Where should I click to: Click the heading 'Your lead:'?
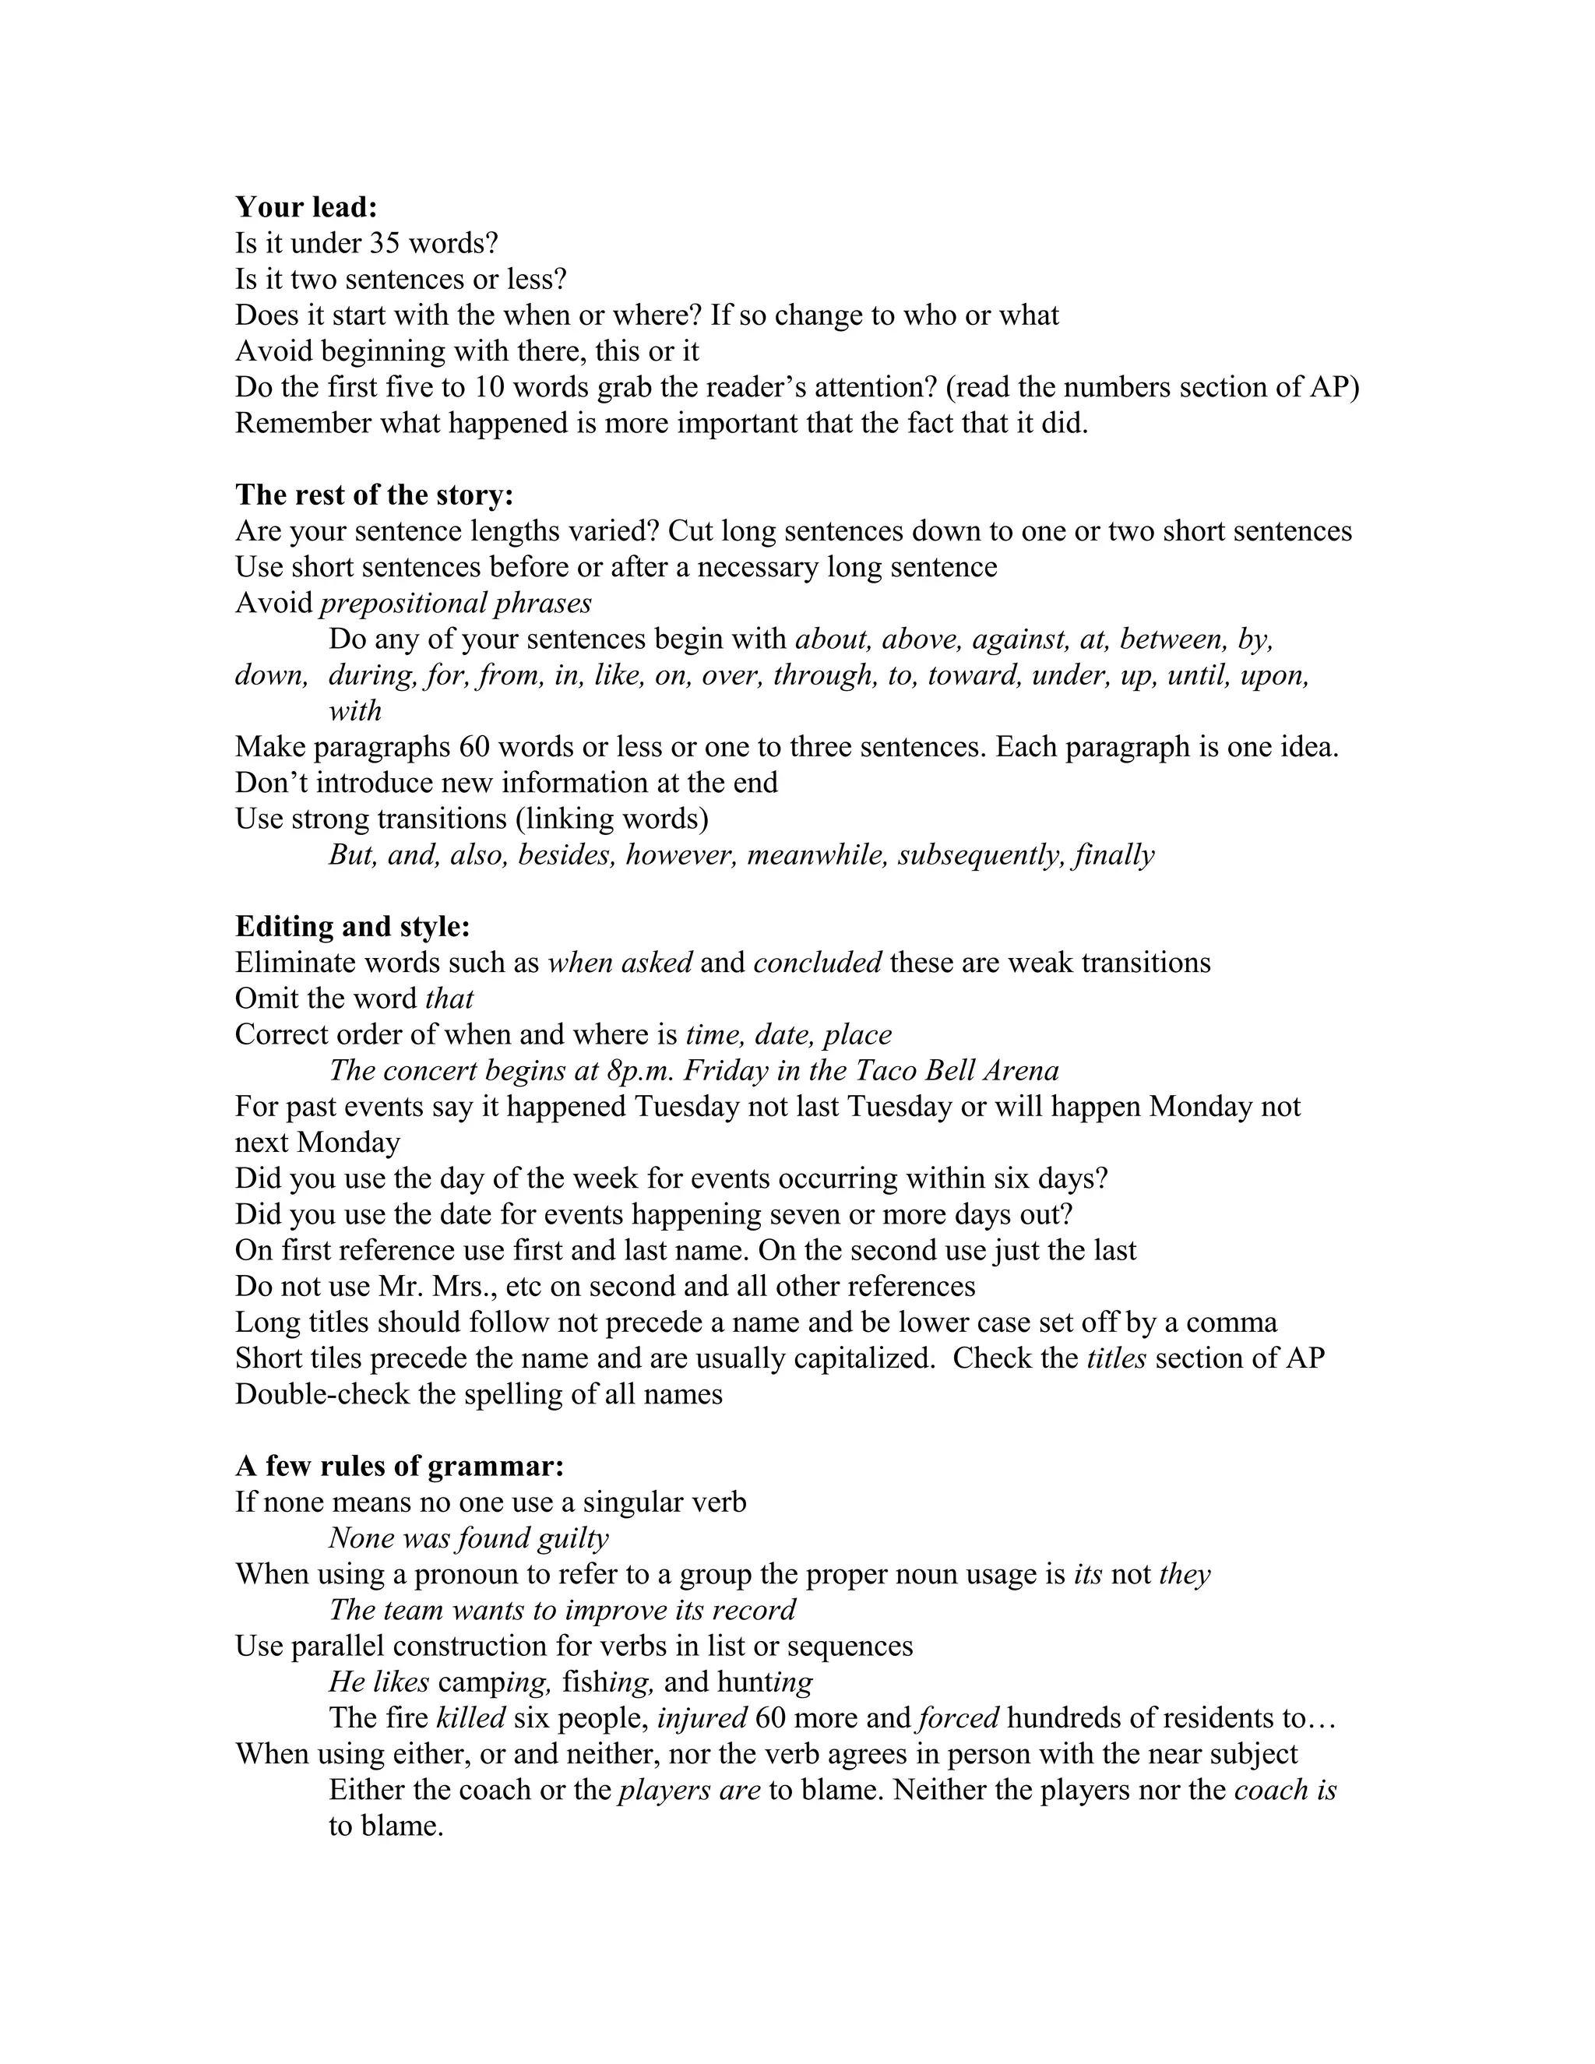(306, 207)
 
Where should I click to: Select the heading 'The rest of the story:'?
(374, 495)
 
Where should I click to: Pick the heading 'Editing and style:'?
(353, 926)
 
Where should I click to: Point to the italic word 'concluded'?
(817, 962)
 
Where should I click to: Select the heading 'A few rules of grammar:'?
(400, 1466)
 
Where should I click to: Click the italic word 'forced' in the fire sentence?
(958, 1717)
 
